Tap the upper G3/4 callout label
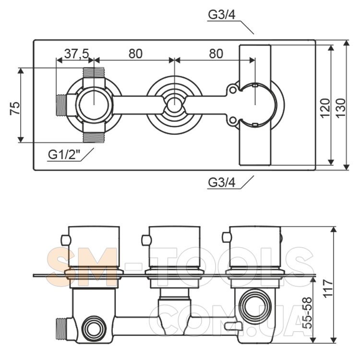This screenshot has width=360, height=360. click(221, 15)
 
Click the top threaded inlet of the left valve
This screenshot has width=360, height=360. click(94, 73)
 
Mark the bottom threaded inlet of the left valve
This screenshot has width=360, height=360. click(94, 138)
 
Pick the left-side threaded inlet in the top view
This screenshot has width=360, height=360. click(61, 106)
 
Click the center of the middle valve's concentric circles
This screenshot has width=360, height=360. click(173, 105)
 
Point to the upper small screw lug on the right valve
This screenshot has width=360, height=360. click(233, 90)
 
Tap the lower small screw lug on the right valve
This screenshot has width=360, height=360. click(233, 121)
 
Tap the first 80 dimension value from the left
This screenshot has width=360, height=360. click(135, 54)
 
